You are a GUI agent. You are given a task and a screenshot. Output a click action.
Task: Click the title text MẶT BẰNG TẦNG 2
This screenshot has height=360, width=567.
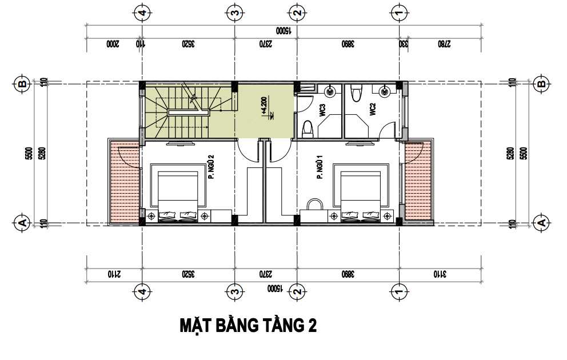[x=248, y=326]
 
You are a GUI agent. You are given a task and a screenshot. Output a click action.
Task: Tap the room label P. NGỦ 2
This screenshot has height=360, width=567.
[x=211, y=166]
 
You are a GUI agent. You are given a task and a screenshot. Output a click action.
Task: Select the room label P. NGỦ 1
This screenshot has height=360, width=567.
[x=320, y=169]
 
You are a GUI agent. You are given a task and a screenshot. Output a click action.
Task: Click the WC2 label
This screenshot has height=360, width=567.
[x=372, y=109]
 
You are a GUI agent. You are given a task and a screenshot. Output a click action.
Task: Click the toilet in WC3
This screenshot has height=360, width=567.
[x=307, y=129]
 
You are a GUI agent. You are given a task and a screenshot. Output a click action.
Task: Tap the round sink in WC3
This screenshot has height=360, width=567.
[x=330, y=90]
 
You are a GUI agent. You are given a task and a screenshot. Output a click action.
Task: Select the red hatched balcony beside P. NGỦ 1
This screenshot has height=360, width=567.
[x=418, y=181]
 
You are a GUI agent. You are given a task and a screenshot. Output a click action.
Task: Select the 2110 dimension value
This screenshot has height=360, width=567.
[x=114, y=274]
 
